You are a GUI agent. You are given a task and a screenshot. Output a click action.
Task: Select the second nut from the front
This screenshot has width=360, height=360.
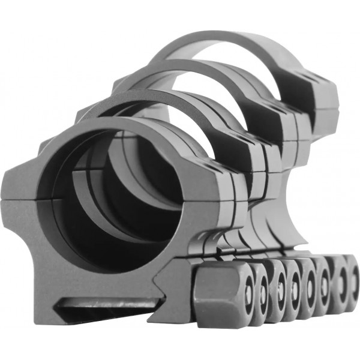click(x=259, y=295)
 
